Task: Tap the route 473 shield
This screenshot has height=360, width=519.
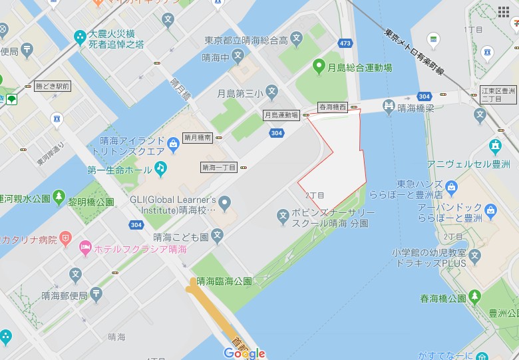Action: tap(345, 45)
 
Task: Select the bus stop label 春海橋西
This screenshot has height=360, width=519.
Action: tap(333, 106)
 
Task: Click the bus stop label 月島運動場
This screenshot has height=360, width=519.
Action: tap(281, 115)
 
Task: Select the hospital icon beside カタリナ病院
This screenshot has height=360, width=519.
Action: tap(65, 238)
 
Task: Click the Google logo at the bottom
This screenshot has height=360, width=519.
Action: tap(244, 353)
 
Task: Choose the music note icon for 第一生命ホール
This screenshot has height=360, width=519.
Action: tap(161, 168)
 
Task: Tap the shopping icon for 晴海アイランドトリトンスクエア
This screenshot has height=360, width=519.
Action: tap(173, 142)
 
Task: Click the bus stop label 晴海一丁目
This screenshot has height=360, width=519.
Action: tap(219, 167)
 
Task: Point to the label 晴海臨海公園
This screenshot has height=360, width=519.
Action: tap(224, 281)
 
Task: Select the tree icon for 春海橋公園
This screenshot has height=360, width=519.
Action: tap(474, 296)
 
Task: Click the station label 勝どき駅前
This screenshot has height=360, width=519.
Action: tap(52, 87)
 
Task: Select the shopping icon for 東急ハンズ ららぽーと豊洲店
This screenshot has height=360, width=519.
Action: tap(452, 186)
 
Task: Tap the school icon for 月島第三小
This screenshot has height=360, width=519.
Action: tap(271, 91)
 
